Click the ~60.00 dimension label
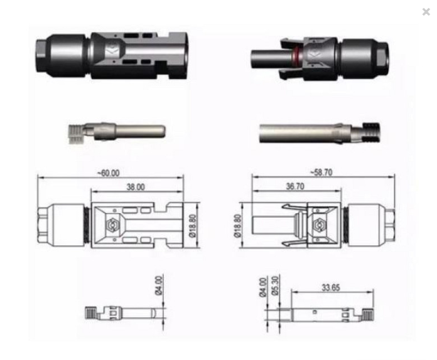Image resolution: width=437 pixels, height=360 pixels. (108, 173)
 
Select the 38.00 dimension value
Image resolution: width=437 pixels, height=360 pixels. (136, 187)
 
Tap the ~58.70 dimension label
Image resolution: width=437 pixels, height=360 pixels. (321, 172)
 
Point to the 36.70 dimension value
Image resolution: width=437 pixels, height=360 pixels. (295, 186)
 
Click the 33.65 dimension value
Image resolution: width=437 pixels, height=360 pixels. (331, 287)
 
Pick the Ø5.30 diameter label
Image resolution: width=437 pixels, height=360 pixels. (275, 285)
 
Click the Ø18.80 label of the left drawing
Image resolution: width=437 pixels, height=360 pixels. (193, 226)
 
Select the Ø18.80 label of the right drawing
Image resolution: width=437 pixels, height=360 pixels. (237, 226)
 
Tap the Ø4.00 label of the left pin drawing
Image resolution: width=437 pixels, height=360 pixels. (158, 285)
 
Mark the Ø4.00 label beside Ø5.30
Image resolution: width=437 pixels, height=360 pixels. (263, 287)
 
